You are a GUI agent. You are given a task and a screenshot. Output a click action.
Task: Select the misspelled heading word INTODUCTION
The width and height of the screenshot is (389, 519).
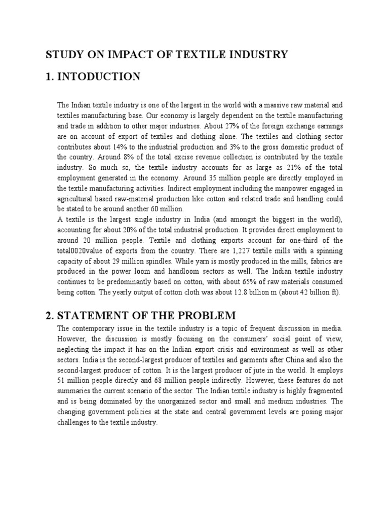(99, 77)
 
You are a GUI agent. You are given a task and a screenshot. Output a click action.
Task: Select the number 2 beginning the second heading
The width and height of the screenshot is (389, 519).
(48, 315)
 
